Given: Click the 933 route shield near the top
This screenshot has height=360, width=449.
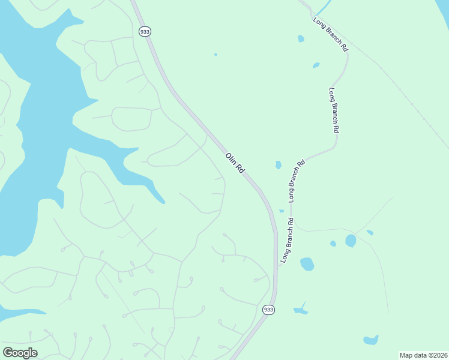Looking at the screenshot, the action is (144, 31).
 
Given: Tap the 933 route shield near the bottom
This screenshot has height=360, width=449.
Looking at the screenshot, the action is (268, 310).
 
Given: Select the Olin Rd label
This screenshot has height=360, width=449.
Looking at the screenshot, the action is (235, 163).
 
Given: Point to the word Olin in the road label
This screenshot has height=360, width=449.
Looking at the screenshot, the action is (231, 159).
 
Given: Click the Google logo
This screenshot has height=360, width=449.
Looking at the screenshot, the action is (20, 352).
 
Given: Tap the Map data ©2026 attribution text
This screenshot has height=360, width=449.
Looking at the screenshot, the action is (423, 355).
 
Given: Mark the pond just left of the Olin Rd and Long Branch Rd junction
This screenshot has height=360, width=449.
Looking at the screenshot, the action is (278, 164).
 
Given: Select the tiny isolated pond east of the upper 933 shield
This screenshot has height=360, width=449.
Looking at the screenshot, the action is (215, 55).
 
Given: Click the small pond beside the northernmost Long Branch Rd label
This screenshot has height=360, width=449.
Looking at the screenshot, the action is (301, 38).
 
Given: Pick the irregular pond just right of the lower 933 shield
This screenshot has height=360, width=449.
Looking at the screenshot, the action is (301, 310).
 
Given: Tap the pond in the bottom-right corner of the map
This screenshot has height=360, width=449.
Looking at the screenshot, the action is (371, 340).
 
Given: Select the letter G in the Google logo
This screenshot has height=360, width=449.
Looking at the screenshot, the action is (8, 352).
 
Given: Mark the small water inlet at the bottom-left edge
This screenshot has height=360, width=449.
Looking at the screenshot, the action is (15, 313).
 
